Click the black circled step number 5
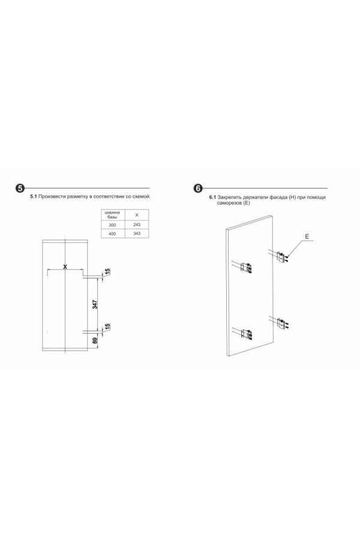pos(20,188)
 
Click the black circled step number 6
pos(198,188)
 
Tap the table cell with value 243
pos(137,224)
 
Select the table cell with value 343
pos(137,233)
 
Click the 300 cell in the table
pos(113,225)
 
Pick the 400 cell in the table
pos(113,234)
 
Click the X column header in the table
pos(137,215)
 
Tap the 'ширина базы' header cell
pos(113,215)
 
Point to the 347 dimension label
pos(95,304)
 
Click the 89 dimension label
pos(95,341)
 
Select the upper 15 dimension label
pos(107,272)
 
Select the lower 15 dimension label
pos(107,326)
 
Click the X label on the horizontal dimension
pos(65,266)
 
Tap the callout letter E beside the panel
pos(307,236)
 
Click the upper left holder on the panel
pos(247,268)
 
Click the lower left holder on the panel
pos(247,334)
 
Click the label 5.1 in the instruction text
pos(34,197)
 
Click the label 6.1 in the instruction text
pos(212,197)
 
